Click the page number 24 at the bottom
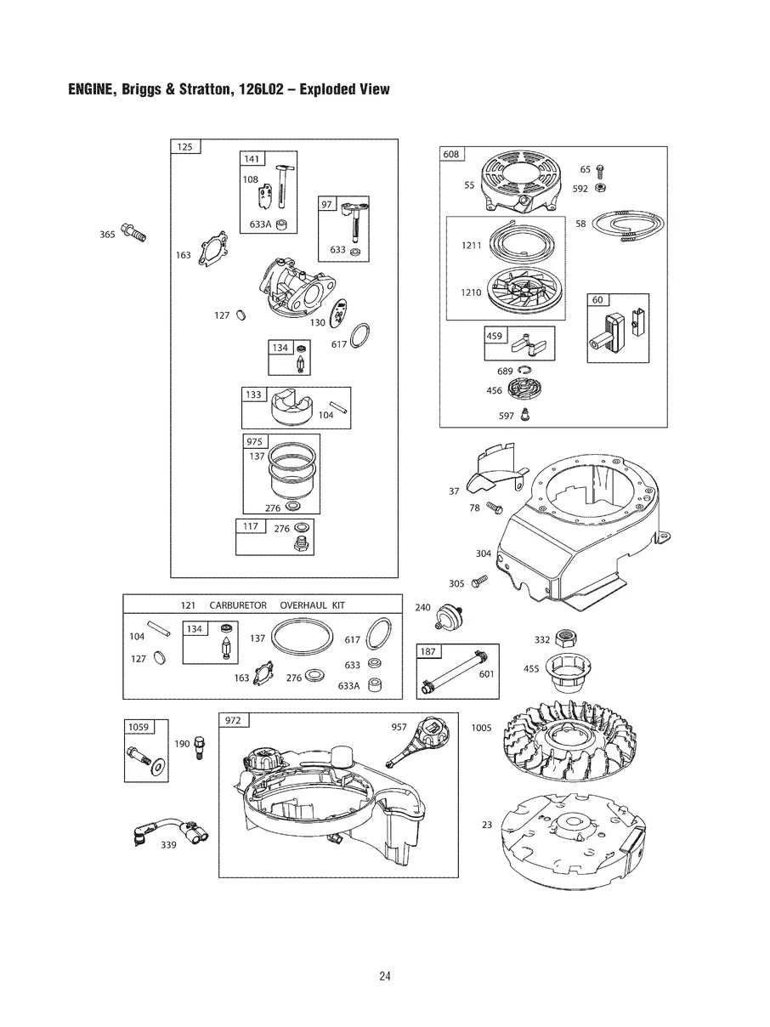[x=385, y=976]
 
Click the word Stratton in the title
[x=235, y=90]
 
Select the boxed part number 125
[x=184, y=147]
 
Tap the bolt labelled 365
[x=134, y=230]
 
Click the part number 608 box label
[x=450, y=154]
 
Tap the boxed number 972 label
[x=232, y=721]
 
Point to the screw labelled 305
[x=480, y=582]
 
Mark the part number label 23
[x=487, y=825]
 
